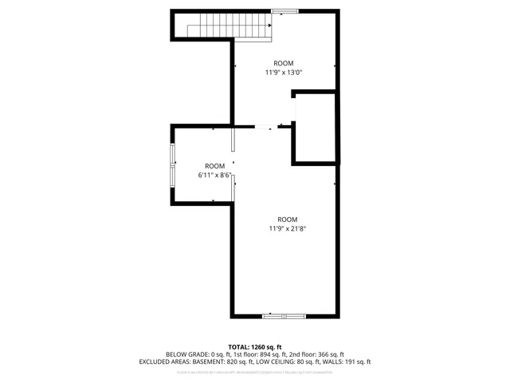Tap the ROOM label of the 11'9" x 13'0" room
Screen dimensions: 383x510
pyautogui.click(x=284, y=64)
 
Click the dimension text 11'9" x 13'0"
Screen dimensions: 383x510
pyautogui.click(x=284, y=73)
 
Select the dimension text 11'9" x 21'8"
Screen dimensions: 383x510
pyautogui.click(x=288, y=229)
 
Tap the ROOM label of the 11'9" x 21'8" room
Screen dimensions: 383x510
pyautogui.click(x=288, y=219)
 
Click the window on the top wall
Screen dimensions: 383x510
pyautogui.click(x=284, y=10)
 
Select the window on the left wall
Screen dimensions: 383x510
pyautogui.click(x=173, y=164)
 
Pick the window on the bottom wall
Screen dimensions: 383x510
pyautogui.click(x=284, y=317)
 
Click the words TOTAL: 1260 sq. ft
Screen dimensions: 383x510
pyautogui.click(x=255, y=346)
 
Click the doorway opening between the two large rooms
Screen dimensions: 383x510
pyautogui.click(x=264, y=126)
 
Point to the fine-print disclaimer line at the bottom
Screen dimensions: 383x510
pyautogui.click(x=255, y=372)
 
